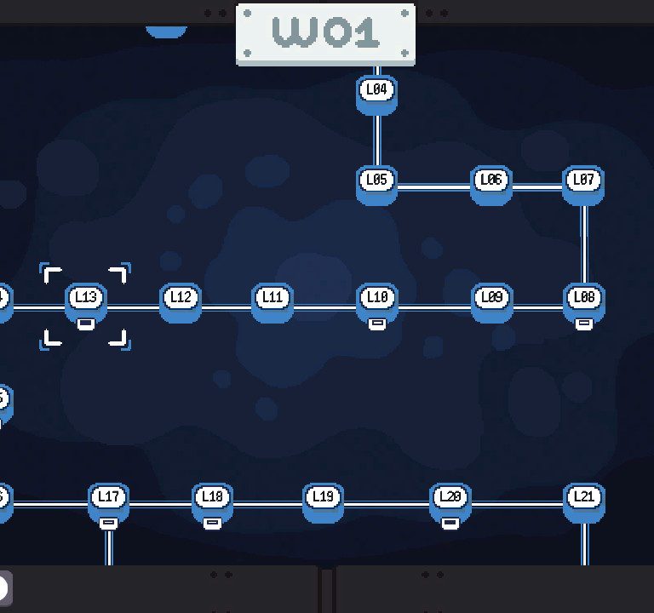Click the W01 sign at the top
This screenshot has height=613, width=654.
tap(325, 34)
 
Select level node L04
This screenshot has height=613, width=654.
tap(376, 95)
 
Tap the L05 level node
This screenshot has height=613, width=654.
tap(376, 186)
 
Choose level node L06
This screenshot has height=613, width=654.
tap(491, 186)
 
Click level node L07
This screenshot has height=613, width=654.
tap(583, 186)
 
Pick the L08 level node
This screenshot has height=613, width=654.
tap(584, 303)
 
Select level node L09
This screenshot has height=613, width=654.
tap(492, 303)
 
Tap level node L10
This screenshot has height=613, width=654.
tap(377, 303)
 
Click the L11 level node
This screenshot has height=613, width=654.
tap(272, 303)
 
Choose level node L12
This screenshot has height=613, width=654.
tap(181, 303)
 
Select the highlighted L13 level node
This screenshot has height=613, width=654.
tap(86, 303)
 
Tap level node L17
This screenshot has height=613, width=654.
tap(108, 503)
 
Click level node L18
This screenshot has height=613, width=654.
tap(212, 503)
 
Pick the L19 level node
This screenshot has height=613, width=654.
tap(323, 503)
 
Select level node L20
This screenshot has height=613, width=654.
tap(450, 503)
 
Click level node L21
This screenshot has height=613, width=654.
tap(584, 503)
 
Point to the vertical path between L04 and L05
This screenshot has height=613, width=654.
tap(377, 141)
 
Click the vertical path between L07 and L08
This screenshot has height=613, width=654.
tap(584, 244)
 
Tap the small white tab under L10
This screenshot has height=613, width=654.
tap(377, 324)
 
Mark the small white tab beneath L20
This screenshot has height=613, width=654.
tap(450, 524)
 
